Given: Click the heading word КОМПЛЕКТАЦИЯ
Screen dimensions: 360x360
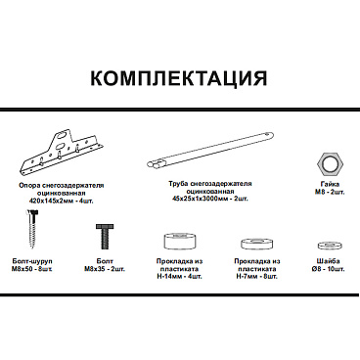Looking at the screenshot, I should pos(180,78).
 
